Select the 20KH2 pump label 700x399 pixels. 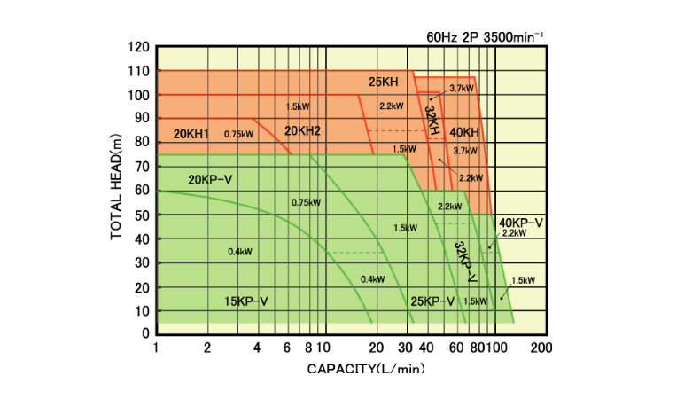pyautogui.click(x=302, y=131)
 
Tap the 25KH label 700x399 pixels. pyautogui.click(x=384, y=82)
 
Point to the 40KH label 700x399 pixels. pyautogui.click(x=464, y=132)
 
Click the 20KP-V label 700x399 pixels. pyautogui.click(x=210, y=180)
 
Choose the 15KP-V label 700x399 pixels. pyautogui.click(x=245, y=301)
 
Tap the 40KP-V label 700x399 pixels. pyautogui.click(x=520, y=222)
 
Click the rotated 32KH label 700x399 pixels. pyautogui.click(x=432, y=120)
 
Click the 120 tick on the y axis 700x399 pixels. pyautogui.click(x=138, y=47)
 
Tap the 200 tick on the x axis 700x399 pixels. pyautogui.click(x=540, y=348)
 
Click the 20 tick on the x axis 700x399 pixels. pyautogui.click(x=376, y=348)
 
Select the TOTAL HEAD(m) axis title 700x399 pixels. pyautogui.click(x=116, y=190)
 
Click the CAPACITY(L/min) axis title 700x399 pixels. pyautogui.click(x=365, y=368)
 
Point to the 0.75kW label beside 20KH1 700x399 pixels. pyautogui.click(x=238, y=135)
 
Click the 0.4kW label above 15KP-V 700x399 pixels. pyautogui.click(x=240, y=253)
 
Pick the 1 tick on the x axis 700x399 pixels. pyautogui.click(x=157, y=348)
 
